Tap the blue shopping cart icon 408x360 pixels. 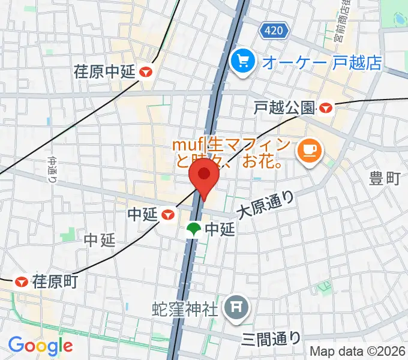point(243,61)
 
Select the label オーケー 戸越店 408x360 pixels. point(322,62)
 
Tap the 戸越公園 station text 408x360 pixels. point(284,108)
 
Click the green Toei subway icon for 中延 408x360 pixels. point(194,229)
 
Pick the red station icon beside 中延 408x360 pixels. point(169,214)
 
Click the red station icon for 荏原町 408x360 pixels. point(22,280)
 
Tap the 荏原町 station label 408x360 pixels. point(55,280)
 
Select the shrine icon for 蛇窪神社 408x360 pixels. point(234,309)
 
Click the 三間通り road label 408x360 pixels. point(272,338)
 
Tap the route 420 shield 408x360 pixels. point(273,29)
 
